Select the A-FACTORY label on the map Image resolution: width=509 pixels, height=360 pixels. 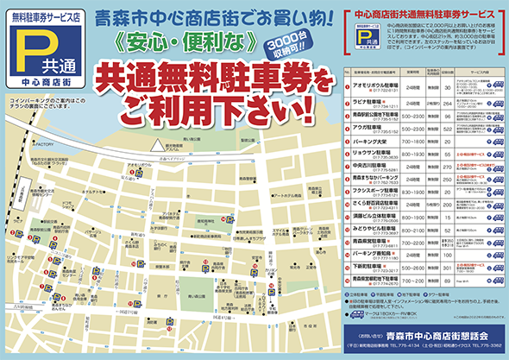point(44,144)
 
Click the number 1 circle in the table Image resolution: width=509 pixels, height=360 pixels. point(347,88)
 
